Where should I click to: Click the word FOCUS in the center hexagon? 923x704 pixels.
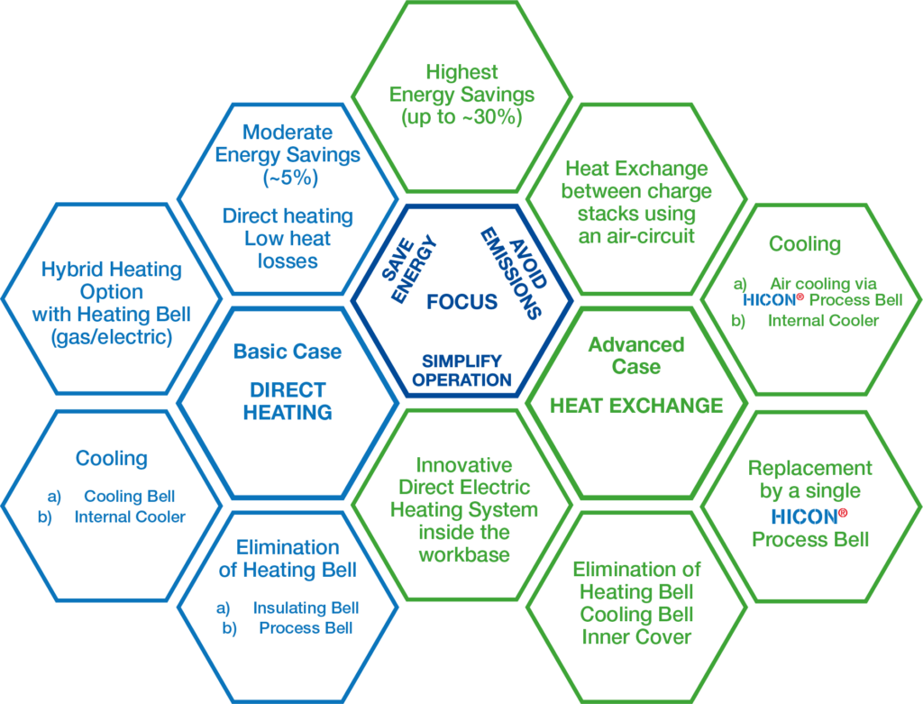click(461, 301)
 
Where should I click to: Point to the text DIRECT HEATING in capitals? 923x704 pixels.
click(287, 402)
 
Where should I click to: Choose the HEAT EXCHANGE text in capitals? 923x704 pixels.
click(636, 406)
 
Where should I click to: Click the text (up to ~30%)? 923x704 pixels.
click(461, 117)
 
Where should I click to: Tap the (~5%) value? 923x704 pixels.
click(288, 178)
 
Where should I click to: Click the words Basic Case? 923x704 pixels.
click(287, 352)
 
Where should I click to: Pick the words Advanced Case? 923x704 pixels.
click(636, 355)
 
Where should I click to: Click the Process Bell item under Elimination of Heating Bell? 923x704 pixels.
click(306, 628)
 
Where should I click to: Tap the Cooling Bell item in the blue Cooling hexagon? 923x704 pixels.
click(129, 496)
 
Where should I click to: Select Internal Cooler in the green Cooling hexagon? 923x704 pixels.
click(823, 319)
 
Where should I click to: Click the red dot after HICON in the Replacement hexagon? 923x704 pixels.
click(844, 513)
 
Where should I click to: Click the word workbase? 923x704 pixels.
click(463, 553)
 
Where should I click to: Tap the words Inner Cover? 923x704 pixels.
click(636, 636)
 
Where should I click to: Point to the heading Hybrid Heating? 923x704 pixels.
click(112, 270)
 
